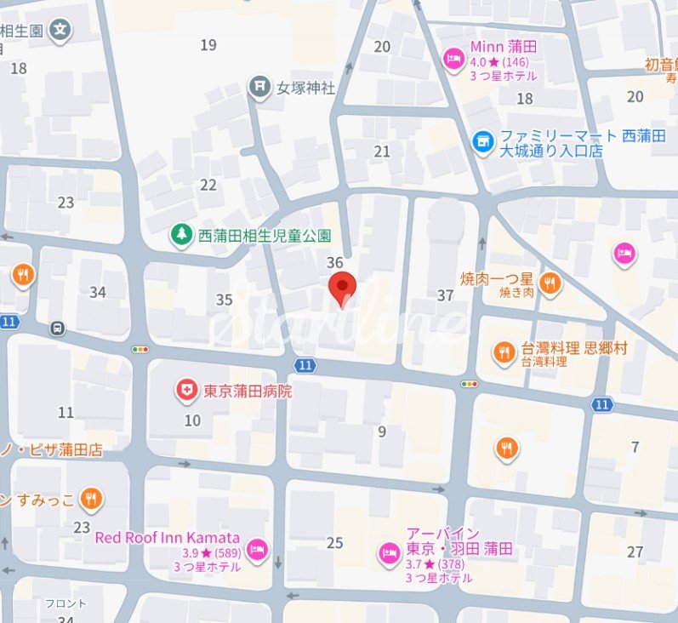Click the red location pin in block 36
click(x=342, y=287)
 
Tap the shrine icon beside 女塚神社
click(x=258, y=86)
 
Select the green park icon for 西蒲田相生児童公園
click(x=181, y=234)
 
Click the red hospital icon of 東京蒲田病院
click(x=185, y=391)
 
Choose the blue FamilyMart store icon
click(x=482, y=139)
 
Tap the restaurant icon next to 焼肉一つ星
click(x=550, y=283)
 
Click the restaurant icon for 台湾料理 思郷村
click(x=504, y=350)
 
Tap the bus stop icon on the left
click(x=57, y=326)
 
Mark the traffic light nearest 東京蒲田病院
click(x=140, y=349)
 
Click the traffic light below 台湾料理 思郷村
click(x=469, y=385)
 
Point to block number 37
click(x=445, y=295)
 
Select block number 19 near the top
click(x=208, y=45)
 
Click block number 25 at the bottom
click(x=335, y=543)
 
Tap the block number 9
click(x=382, y=432)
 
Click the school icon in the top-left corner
click(x=60, y=30)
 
